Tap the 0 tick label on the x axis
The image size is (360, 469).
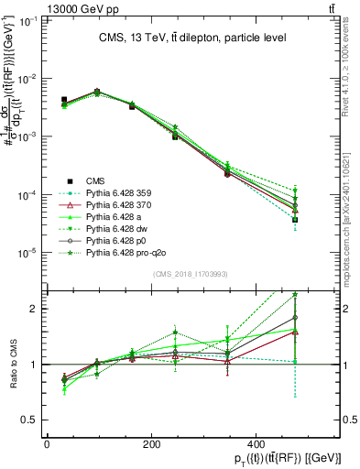tap(47, 443)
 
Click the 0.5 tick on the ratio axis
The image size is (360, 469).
tap(32, 420)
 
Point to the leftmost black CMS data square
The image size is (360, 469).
tap(63, 99)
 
